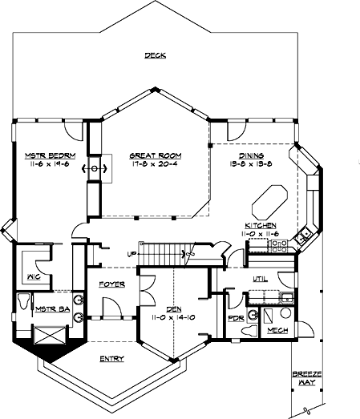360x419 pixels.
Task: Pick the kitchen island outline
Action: point(269,199)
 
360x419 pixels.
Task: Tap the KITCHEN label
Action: point(261,227)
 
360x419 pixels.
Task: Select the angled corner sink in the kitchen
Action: point(305,235)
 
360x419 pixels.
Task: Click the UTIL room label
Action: point(260,278)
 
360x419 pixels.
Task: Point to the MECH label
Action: point(276,330)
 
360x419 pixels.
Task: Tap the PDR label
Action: point(235,318)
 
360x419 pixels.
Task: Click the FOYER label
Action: point(111,284)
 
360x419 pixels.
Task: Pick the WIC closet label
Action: point(34,277)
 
